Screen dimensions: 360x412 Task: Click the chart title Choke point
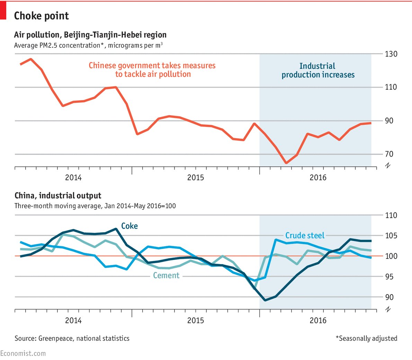(41, 16)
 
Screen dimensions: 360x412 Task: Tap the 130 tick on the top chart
(391, 54)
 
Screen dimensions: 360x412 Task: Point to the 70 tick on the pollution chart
(389, 154)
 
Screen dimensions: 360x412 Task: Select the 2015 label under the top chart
(196, 178)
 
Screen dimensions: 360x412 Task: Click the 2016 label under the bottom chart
(318, 320)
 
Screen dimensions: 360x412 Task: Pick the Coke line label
(129, 226)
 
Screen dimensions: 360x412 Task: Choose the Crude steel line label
(305, 236)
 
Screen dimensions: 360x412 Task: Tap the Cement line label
(166, 276)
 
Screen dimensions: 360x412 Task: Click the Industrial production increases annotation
(318, 70)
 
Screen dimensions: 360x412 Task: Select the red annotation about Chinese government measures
(152, 70)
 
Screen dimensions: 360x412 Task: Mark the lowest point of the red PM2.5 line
(286, 163)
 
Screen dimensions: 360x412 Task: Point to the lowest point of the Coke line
(265, 300)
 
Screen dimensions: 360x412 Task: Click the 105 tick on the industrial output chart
(391, 236)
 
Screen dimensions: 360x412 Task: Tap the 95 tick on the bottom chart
(389, 277)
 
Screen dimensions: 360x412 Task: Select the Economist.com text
(23, 353)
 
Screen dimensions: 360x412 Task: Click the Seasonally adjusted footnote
(366, 338)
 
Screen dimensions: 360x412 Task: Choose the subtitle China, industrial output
(58, 196)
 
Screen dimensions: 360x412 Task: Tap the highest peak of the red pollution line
(31, 59)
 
